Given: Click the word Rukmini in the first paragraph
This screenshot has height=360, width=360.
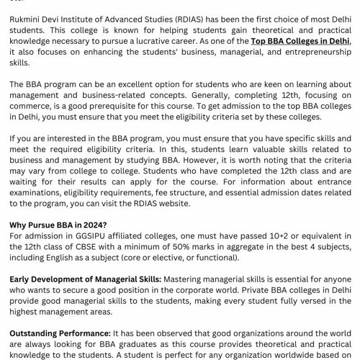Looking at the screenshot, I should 29,19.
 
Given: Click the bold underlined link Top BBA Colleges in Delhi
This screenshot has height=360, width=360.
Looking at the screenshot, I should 300,42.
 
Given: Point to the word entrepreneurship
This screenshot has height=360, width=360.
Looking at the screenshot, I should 305,53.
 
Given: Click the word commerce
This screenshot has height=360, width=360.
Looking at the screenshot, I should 34,107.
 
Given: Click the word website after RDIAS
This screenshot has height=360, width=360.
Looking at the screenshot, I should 173,204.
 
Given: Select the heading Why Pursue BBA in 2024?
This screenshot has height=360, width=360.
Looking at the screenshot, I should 58,225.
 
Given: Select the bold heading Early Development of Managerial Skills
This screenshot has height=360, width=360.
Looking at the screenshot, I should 85,279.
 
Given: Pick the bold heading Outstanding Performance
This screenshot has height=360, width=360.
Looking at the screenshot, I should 60,333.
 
